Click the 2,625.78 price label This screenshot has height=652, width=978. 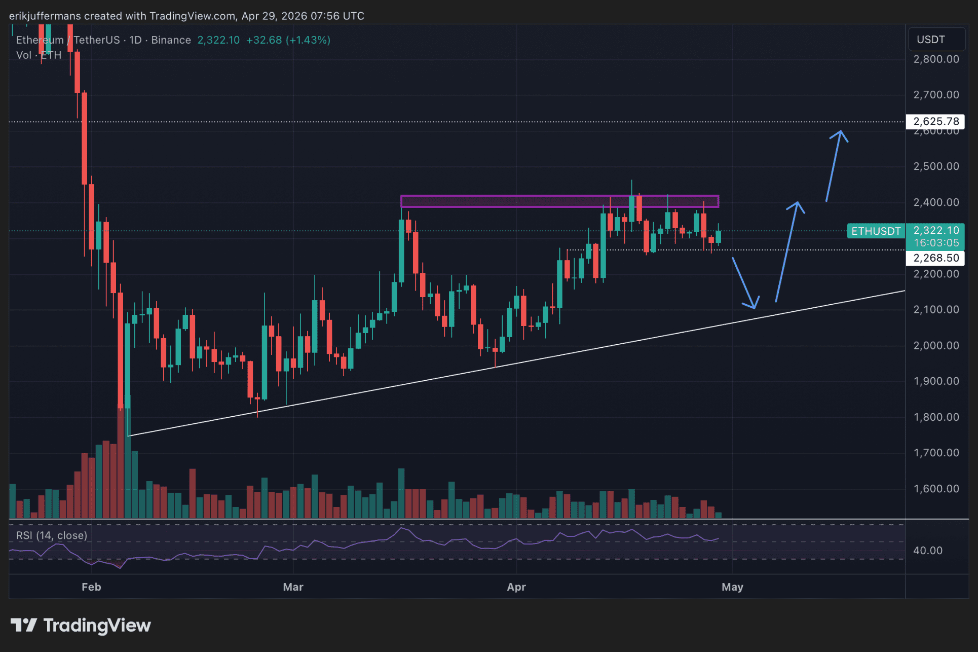[x=935, y=122]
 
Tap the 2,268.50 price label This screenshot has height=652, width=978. [x=935, y=258]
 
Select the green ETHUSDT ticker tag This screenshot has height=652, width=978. [x=876, y=231]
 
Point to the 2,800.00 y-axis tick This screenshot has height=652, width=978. [x=936, y=59]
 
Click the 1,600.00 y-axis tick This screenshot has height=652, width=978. [x=936, y=489]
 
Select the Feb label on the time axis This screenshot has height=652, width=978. [x=91, y=587]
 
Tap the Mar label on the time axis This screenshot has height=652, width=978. [x=293, y=587]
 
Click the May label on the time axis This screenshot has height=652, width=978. [x=732, y=587]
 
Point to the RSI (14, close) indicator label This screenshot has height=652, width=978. [x=52, y=535]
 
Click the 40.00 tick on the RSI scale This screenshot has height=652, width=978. [x=927, y=551]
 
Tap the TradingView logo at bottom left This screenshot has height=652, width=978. [x=81, y=626]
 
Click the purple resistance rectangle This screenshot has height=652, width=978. [x=559, y=201]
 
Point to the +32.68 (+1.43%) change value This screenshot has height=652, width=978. [x=288, y=40]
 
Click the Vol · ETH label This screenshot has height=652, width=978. [x=39, y=55]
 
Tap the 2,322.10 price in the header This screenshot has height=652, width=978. [x=218, y=40]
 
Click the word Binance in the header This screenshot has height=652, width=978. [x=171, y=40]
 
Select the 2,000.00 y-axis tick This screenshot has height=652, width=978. [x=936, y=346]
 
